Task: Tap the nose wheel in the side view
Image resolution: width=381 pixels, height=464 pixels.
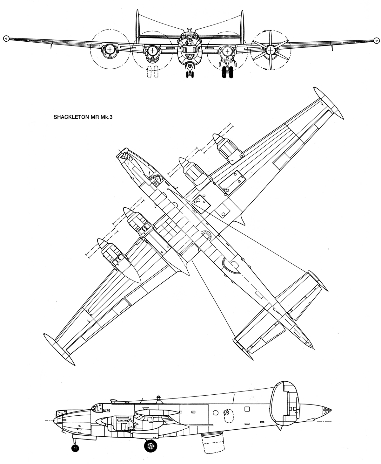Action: [75, 448]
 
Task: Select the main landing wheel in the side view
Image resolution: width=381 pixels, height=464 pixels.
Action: [150, 446]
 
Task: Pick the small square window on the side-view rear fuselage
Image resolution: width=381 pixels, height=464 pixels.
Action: [247, 409]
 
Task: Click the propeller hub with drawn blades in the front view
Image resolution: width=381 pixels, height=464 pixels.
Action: [271, 50]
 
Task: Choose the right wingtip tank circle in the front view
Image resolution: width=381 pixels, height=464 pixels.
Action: [377, 40]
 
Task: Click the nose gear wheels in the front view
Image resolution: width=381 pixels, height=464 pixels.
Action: [190, 74]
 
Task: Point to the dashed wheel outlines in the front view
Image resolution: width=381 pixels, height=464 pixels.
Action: [152, 72]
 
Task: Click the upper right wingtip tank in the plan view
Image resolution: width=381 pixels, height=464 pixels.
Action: [329, 103]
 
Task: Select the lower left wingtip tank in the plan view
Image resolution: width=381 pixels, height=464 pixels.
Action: [59, 350]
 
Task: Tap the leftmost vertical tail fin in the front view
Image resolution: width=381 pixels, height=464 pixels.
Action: [137, 27]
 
